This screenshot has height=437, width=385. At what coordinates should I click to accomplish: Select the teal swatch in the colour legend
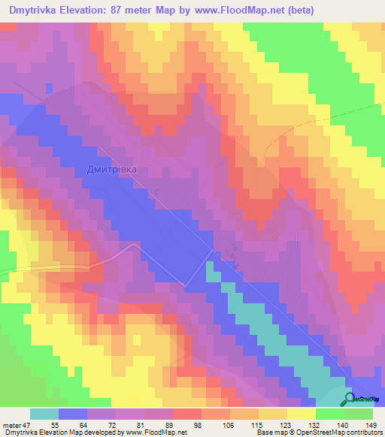pyautogui.click(x=44, y=414)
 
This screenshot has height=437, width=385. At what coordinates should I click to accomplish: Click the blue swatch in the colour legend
pyautogui.click(x=73, y=414)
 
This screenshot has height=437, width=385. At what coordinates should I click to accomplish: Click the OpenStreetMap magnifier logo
pyautogui.click(x=350, y=399)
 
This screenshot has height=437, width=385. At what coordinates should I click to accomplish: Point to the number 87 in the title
pyautogui.click(x=128, y=10)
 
